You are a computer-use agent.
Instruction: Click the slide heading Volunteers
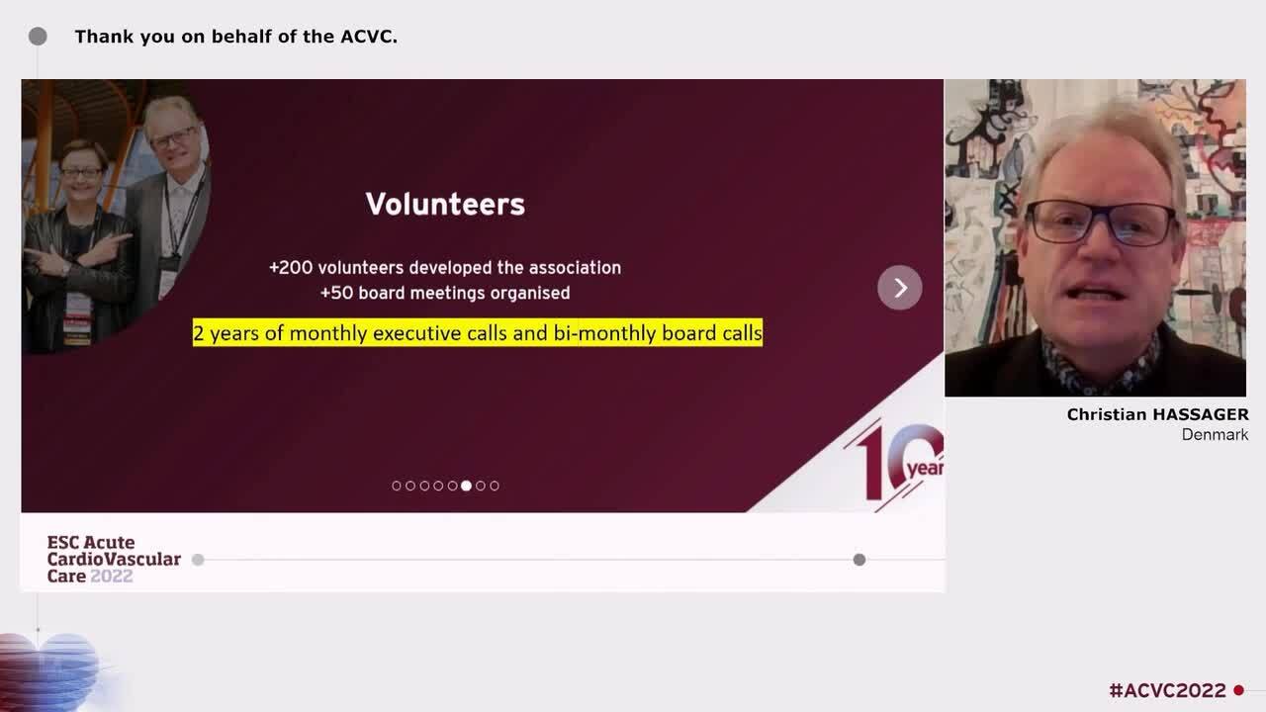[x=445, y=204]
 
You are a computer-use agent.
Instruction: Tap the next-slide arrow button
[x=899, y=288]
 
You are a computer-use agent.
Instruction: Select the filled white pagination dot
[x=466, y=486]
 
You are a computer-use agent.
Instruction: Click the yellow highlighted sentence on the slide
[x=477, y=333]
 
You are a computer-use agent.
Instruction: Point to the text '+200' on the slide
[x=290, y=268]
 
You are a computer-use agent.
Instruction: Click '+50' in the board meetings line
[x=336, y=293]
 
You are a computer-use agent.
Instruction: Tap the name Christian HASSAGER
[x=1157, y=415]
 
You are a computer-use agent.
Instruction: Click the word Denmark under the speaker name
[x=1215, y=435]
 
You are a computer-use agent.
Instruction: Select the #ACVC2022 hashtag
[x=1167, y=690]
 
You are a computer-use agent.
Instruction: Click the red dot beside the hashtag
[x=1238, y=690]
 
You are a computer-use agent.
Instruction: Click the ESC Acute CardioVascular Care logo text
[x=113, y=559]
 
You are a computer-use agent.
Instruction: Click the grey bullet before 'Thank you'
[x=38, y=37]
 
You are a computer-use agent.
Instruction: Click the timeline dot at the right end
[x=859, y=560]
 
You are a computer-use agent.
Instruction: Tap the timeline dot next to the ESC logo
[x=198, y=560]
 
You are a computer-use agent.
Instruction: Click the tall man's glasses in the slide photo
[x=173, y=137]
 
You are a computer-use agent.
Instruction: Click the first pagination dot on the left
[x=397, y=486]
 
